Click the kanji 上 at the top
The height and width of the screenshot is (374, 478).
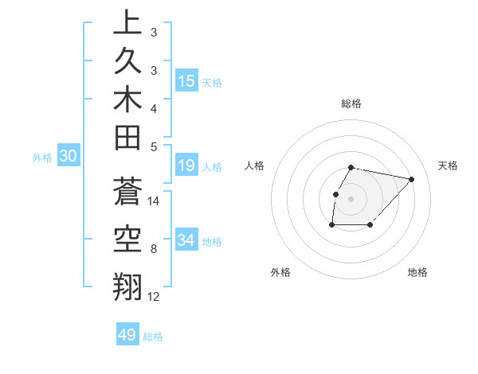point(127,23)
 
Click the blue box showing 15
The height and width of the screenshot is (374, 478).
point(186,80)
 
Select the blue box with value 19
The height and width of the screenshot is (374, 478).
point(186,166)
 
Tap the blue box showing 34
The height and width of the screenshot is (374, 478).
point(186,240)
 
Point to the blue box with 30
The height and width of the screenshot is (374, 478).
point(68,157)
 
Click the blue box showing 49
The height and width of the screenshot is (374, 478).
point(127,335)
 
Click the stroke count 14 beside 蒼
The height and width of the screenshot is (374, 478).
point(155,201)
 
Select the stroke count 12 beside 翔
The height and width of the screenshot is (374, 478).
point(155,297)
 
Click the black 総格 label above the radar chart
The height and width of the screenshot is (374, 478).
point(351,103)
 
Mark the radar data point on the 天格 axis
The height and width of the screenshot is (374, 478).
point(411,179)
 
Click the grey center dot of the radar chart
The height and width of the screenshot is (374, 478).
point(351,199)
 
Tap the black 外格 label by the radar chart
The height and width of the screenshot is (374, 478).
point(280,272)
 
